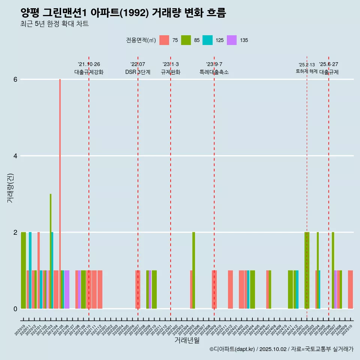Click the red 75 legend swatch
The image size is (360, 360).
[x=164, y=40]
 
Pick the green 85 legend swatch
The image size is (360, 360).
[x=186, y=40]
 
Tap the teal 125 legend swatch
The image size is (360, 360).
[x=207, y=40]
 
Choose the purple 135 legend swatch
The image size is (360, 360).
[x=232, y=40]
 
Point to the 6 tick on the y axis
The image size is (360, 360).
[x=15, y=79]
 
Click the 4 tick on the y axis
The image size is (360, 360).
[x=15, y=156]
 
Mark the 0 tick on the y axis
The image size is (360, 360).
[x=15, y=309]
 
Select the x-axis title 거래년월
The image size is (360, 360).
[x=187, y=340]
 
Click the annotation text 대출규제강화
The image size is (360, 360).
[x=89, y=72]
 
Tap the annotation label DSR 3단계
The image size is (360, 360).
[x=138, y=72]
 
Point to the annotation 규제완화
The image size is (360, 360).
[x=171, y=72]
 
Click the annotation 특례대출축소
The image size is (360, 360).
[x=214, y=72]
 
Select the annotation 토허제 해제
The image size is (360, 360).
[x=307, y=71]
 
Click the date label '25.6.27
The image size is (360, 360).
[x=328, y=64]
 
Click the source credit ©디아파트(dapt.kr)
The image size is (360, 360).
[x=232, y=349]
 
